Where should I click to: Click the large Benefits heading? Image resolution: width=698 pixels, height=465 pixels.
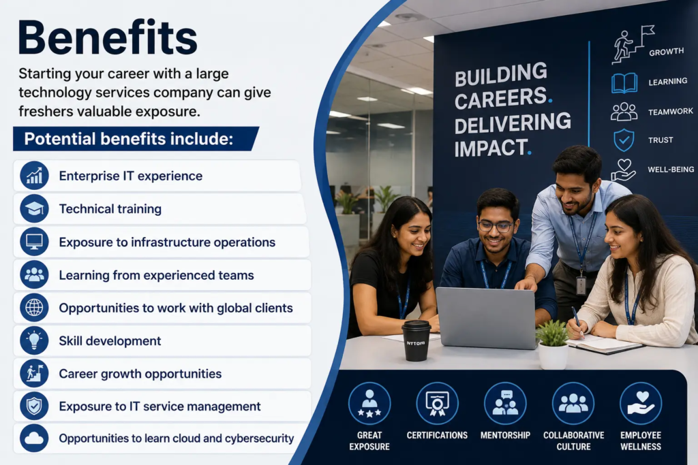[107, 37]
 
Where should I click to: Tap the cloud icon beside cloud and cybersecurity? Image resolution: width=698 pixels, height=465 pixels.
[34, 438]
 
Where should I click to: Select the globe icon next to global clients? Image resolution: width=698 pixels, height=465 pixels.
[34, 308]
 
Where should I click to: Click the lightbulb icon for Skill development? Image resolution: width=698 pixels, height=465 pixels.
[34, 340]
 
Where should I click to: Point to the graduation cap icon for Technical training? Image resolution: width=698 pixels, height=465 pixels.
[34, 208]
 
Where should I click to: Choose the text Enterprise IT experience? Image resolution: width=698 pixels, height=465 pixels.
[130, 176]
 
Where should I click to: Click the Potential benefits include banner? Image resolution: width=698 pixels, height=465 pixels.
[136, 139]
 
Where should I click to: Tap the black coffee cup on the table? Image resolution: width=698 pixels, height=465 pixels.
[416, 340]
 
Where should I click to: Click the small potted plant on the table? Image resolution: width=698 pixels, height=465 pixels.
[553, 344]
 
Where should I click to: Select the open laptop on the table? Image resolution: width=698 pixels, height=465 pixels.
[487, 317]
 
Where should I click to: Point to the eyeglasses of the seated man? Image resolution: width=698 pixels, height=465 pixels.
[496, 226]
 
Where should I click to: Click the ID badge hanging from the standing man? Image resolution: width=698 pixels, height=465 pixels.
[581, 285]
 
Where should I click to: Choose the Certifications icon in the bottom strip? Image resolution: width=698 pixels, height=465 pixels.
[437, 404]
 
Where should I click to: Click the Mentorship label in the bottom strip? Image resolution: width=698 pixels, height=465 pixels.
[505, 435]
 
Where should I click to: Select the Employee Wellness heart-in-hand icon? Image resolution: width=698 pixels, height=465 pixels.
[641, 404]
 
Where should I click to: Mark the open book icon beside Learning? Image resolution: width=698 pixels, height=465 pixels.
[624, 83]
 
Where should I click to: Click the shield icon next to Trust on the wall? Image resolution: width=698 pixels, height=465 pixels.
[624, 140]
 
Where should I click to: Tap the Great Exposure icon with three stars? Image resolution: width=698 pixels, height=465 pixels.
[369, 404]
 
